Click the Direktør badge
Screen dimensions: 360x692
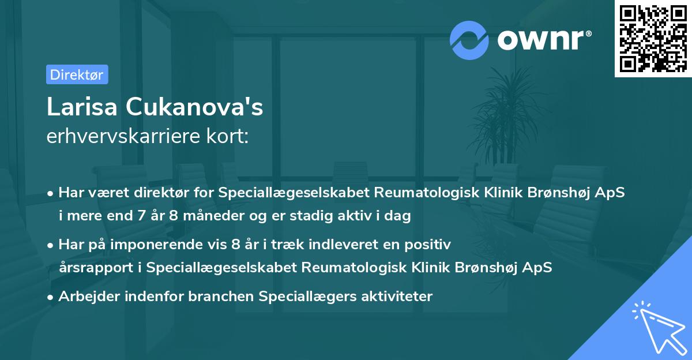click(77, 74)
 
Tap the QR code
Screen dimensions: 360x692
click(653, 39)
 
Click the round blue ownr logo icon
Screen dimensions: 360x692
click(469, 40)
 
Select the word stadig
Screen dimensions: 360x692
click(328, 216)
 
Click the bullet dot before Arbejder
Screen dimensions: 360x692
click(51, 297)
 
